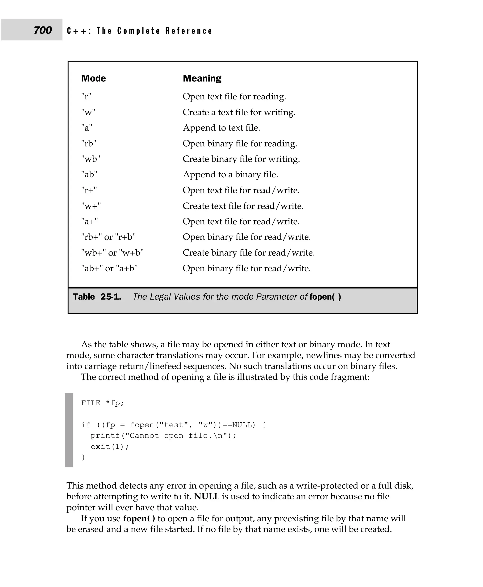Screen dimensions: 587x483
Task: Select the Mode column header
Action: tap(93, 78)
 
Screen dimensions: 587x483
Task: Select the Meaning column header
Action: tap(202, 78)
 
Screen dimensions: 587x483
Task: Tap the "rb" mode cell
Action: tap(89, 144)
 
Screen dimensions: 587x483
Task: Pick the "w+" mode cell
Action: tap(91, 206)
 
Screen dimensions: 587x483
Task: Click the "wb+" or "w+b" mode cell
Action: tap(112, 253)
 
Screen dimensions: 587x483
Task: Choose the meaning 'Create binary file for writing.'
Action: tap(241, 159)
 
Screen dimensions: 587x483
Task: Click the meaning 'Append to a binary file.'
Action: tap(230, 174)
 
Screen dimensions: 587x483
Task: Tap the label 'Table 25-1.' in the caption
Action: tap(97, 297)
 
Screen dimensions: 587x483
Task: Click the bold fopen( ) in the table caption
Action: tap(325, 297)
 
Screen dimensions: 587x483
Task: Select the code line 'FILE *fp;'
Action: tap(102, 403)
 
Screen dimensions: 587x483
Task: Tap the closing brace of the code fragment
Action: tap(83, 457)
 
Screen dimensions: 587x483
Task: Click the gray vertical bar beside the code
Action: tap(69, 430)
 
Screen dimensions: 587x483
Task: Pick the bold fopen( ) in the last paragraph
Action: tap(139, 519)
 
